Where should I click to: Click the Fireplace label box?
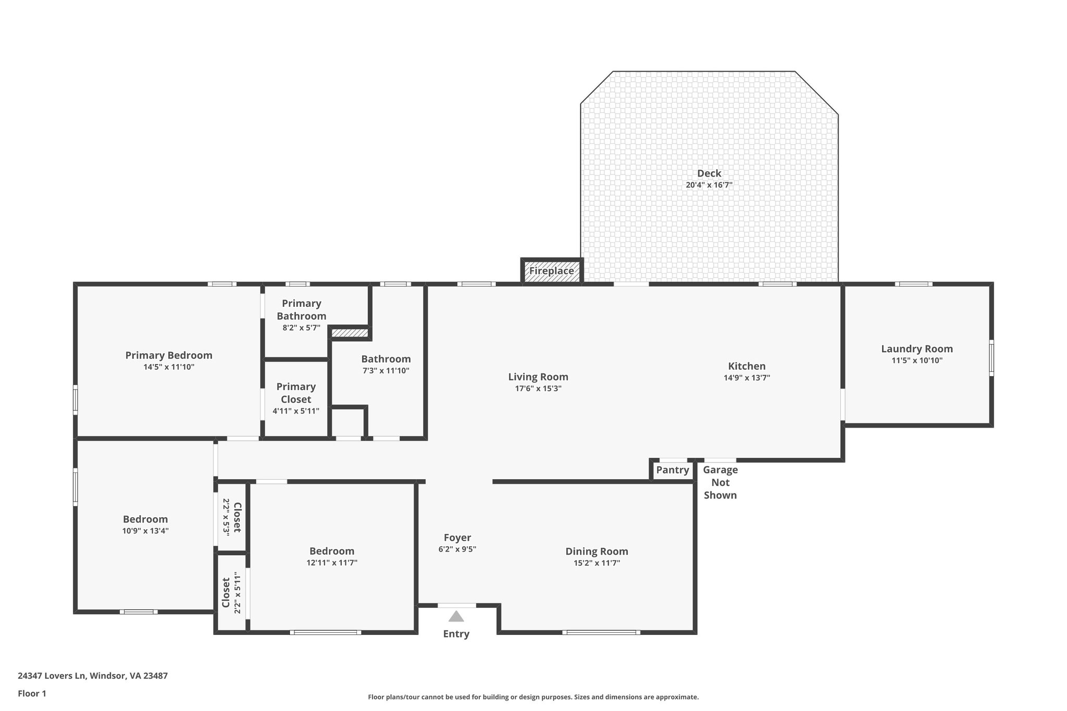pyautogui.click(x=552, y=271)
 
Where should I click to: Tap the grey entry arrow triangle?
pyautogui.click(x=456, y=617)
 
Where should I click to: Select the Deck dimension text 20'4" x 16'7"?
pyautogui.click(x=709, y=185)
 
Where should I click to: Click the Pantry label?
pyautogui.click(x=672, y=470)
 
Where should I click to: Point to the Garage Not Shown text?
pyautogui.click(x=720, y=482)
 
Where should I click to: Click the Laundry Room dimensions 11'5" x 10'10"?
pyautogui.click(x=917, y=360)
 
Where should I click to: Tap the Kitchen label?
pyautogui.click(x=747, y=366)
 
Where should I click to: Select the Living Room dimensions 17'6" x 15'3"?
pyautogui.click(x=538, y=389)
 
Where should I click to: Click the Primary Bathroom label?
pyautogui.click(x=301, y=309)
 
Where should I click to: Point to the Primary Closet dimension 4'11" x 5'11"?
pyautogui.click(x=296, y=411)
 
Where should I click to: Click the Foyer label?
pyautogui.click(x=457, y=538)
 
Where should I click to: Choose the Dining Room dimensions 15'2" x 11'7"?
pyautogui.click(x=597, y=563)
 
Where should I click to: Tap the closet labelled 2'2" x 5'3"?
pyautogui.click(x=232, y=517)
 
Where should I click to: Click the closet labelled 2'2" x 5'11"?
pyautogui.click(x=231, y=593)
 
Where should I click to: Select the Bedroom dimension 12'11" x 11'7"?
pyautogui.click(x=332, y=563)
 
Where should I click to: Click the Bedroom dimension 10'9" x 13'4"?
pyautogui.click(x=145, y=531)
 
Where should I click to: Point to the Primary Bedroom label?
pyautogui.click(x=169, y=355)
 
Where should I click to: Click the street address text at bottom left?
pyautogui.click(x=93, y=676)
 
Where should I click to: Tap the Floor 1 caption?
pyautogui.click(x=32, y=693)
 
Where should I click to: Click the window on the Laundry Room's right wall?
pyautogui.click(x=991, y=358)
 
